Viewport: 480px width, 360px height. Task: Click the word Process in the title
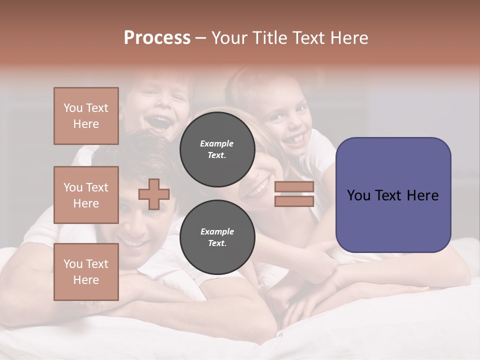(x=157, y=38)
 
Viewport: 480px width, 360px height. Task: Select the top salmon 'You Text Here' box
(x=86, y=116)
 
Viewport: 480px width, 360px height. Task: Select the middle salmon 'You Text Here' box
(x=86, y=195)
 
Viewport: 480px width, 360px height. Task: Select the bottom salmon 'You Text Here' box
(x=86, y=272)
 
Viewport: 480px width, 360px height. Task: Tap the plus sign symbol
(x=153, y=194)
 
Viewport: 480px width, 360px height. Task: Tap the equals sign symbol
(x=294, y=194)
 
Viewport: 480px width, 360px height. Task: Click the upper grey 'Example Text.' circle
(x=217, y=149)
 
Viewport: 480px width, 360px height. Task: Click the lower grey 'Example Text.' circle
(x=217, y=237)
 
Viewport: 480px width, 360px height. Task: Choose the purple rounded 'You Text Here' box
(x=393, y=195)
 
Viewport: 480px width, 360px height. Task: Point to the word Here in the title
(x=350, y=38)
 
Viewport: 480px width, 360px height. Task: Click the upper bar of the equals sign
(x=294, y=187)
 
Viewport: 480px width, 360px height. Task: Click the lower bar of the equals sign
(x=294, y=201)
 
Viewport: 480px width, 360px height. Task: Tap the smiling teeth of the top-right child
(x=296, y=138)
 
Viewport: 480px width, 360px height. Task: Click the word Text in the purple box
(x=393, y=195)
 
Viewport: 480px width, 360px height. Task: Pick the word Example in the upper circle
(x=217, y=143)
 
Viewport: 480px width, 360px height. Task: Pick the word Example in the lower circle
(x=217, y=231)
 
